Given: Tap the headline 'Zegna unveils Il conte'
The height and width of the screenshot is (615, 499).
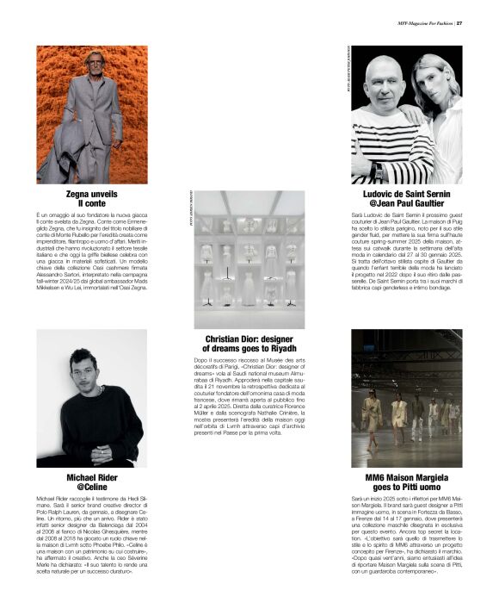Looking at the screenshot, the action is click(91, 197).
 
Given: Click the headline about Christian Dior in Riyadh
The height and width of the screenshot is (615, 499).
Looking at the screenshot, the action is click(249, 342).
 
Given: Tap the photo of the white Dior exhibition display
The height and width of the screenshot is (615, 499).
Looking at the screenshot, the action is click(249, 259).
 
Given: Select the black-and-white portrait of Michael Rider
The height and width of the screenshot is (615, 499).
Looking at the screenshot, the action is click(91, 398).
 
